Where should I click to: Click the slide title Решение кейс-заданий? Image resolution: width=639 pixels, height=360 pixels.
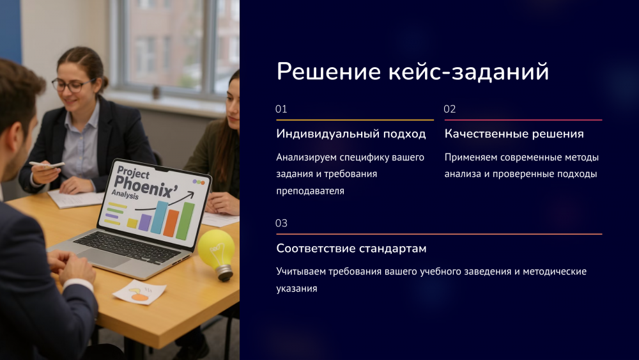[412, 72]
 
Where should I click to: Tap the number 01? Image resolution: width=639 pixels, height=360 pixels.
[281, 109]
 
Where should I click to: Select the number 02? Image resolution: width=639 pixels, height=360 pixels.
[449, 109]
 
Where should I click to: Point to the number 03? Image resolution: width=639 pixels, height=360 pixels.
[281, 223]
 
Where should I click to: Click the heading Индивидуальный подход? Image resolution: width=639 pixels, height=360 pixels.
[351, 134]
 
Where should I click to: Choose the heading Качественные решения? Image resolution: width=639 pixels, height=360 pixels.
[514, 134]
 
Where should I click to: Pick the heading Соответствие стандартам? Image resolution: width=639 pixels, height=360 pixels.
[351, 248]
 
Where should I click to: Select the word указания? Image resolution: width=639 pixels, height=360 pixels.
[296, 288]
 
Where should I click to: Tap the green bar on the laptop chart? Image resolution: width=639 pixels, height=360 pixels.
[185, 221]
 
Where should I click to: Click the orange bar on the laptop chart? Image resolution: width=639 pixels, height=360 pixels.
[171, 223]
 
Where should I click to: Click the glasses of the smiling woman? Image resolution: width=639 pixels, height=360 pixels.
[72, 85]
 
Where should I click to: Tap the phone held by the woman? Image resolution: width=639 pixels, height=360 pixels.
[47, 165]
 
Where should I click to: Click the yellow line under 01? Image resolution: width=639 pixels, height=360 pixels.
[355, 120]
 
